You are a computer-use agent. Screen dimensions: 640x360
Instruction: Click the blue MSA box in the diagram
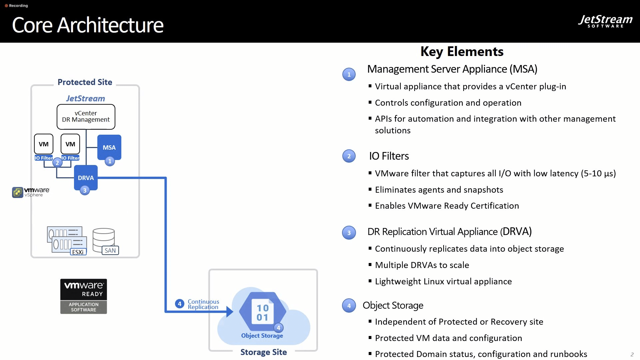(x=109, y=147)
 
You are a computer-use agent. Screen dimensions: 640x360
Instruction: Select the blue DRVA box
(x=86, y=178)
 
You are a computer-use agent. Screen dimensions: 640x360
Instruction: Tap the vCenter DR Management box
(x=86, y=117)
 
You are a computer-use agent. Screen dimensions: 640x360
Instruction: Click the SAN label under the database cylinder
(x=110, y=250)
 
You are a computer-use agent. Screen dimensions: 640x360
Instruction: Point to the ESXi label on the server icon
(x=78, y=252)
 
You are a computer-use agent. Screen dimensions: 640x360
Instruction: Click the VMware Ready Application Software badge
(x=84, y=296)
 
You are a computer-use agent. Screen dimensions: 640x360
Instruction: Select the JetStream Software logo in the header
(x=605, y=21)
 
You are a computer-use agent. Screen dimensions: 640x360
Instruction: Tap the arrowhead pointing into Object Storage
(x=230, y=312)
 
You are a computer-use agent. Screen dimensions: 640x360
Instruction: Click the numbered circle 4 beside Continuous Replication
(x=180, y=304)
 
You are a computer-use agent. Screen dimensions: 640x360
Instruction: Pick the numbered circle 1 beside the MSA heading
(x=349, y=74)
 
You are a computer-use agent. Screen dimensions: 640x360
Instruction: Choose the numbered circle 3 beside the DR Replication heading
(x=349, y=233)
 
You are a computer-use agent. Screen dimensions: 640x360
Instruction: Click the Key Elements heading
(x=462, y=52)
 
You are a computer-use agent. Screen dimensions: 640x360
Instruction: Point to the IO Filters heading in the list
(x=389, y=156)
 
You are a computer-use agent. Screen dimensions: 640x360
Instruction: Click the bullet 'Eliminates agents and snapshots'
(x=439, y=190)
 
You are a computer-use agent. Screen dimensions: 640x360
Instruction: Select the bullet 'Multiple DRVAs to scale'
(x=422, y=265)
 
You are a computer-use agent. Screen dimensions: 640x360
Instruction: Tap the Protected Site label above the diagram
(x=85, y=82)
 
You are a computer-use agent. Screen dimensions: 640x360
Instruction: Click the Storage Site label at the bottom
(x=264, y=352)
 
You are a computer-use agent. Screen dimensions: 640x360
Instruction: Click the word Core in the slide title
(x=32, y=25)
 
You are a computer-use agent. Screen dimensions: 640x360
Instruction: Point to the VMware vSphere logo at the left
(x=31, y=192)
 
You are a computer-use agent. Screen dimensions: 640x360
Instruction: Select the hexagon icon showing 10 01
(x=263, y=311)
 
